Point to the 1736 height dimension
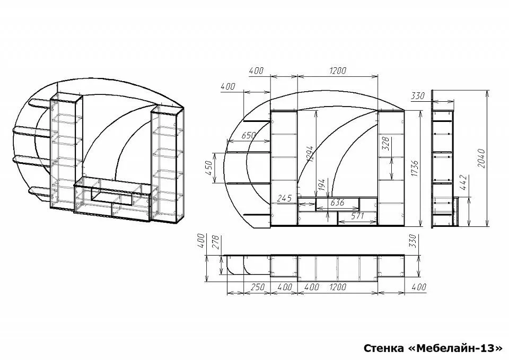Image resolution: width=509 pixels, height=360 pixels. point(415,169)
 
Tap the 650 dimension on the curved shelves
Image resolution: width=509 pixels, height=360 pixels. point(249,135)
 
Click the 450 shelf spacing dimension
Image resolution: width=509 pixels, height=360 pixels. point(209,168)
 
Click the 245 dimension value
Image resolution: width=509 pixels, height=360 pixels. point(285,198)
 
